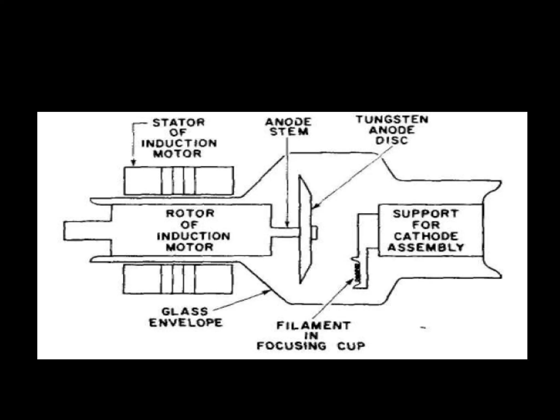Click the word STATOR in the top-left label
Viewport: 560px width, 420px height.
(179, 122)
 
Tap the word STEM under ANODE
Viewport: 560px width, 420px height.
(289, 132)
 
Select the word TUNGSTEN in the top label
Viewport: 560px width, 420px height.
(392, 119)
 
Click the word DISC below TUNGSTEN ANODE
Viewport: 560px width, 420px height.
(392, 140)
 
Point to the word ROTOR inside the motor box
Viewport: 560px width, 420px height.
(190, 213)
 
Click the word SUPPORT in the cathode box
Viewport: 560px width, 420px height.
(425, 214)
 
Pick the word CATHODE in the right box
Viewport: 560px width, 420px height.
(426, 236)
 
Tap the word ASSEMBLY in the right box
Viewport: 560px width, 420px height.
(426, 247)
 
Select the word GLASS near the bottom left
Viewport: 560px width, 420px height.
(181, 311)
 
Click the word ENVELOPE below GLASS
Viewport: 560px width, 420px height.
(186, 323)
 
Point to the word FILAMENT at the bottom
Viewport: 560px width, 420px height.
(313, 326)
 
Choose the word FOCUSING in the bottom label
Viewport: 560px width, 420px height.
(291, 346)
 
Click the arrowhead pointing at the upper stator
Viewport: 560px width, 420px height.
(133, 164)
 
